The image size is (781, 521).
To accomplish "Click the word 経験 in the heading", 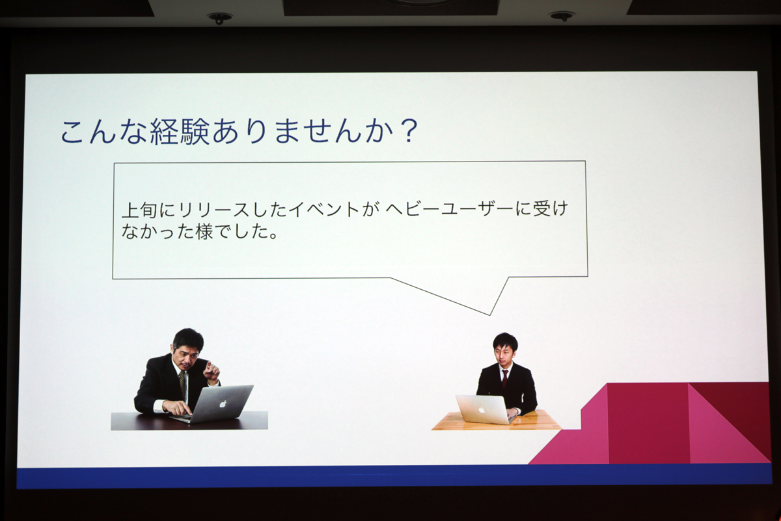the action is click(x=180, y=133).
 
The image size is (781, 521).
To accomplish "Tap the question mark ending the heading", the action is click(x=407, y=132).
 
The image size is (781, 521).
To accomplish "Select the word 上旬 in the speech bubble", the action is click(x=139, y=210).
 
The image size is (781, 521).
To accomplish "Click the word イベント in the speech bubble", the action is click(x=323, y=210).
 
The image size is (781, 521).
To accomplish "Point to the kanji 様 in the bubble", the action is click(x=204, y=232).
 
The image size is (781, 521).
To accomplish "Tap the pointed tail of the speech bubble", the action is click(x=489, y=315).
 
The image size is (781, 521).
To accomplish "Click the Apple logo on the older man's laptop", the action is click(x=223, y=404).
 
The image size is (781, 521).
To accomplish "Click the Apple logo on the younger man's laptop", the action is click(x=482, y=410).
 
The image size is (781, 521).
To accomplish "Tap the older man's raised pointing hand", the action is click(x=212, y=372).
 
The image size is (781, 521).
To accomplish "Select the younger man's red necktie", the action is click(x=504, y=378).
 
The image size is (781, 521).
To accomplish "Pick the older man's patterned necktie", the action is click(x=182, y=384).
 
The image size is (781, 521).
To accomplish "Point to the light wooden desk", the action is click(x=496, y=421).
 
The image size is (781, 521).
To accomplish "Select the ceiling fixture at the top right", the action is click(x=562, y=16).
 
